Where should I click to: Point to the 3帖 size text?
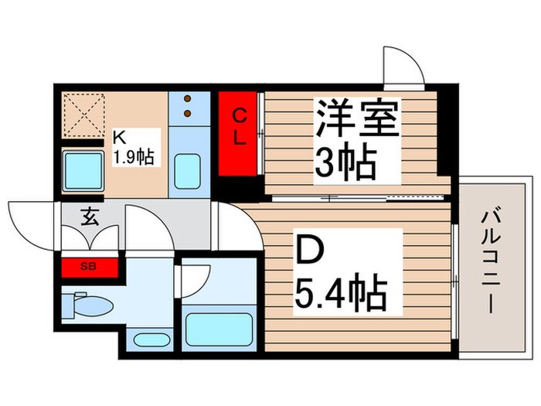click(345, 162)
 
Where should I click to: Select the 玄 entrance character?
click(90, 217)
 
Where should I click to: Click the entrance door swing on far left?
click(31, 220)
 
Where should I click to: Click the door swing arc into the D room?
click(236, 226)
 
